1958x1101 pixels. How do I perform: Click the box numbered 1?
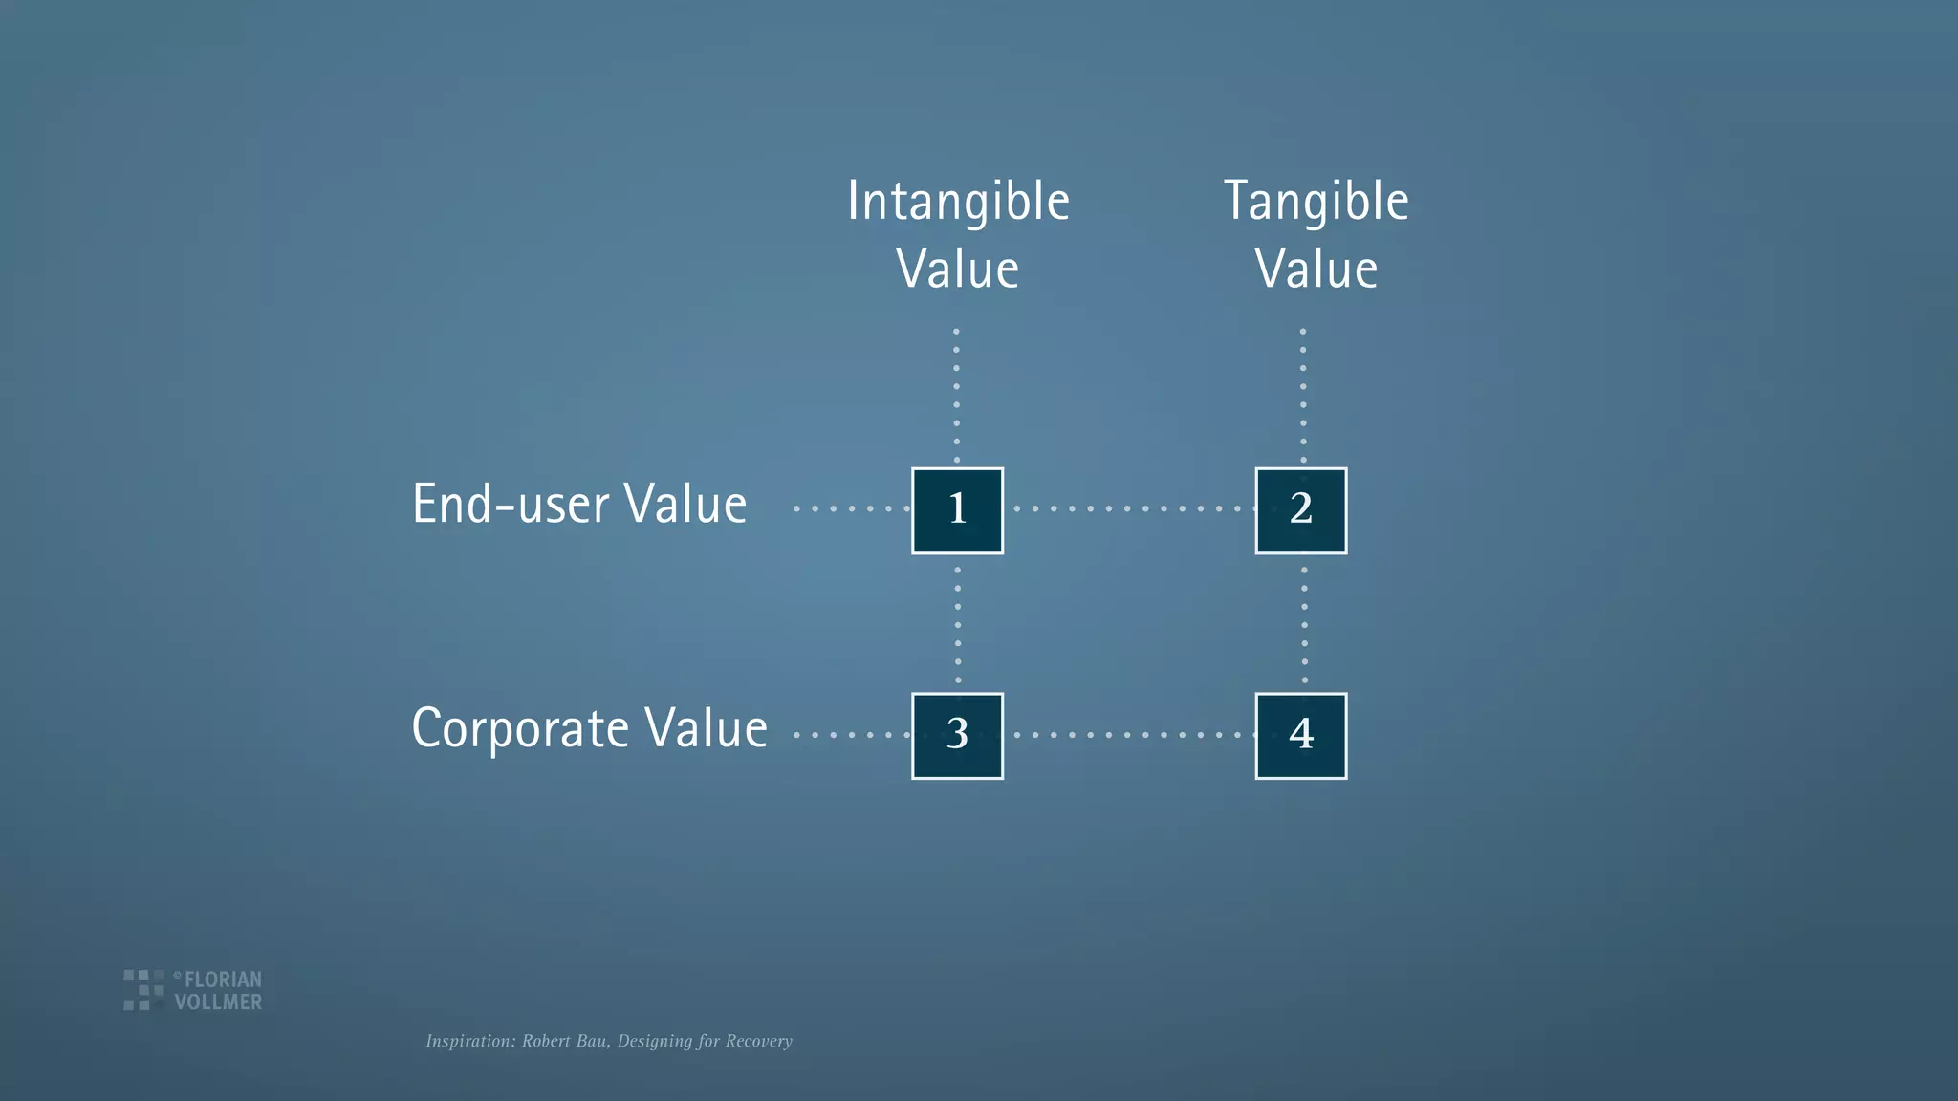[x=957, y=510]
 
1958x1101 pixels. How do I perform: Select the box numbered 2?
[x=1300, y=510]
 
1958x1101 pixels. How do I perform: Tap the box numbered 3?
[x=957, y=736]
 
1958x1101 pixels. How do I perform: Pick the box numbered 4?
[x=1300, y=736]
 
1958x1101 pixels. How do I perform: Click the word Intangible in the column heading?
[x=958, y=203]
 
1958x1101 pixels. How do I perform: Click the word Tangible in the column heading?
[x=1316, y=203]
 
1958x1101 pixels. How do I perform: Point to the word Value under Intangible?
[x=958, y=270]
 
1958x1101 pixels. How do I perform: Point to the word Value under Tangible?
[x=1316, y=270]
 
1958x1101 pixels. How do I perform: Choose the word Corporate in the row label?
[x=520, y=730]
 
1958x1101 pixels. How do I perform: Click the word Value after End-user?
[x=685, y=505]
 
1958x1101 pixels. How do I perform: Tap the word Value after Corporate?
[x=706, y=728]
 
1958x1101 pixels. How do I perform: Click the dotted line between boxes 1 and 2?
[x=1128, y=508]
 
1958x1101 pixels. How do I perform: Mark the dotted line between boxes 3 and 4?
[x=1128, y=735]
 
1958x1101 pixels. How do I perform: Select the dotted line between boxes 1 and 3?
[x=958, y=623]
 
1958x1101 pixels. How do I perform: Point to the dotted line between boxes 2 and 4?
[x=1304, y=623]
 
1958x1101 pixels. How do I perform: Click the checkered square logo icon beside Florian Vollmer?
[x=142, y=990]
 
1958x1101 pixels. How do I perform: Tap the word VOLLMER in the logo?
[x=218, y=1003]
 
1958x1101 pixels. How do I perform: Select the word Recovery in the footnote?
[x=758, y=1041]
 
